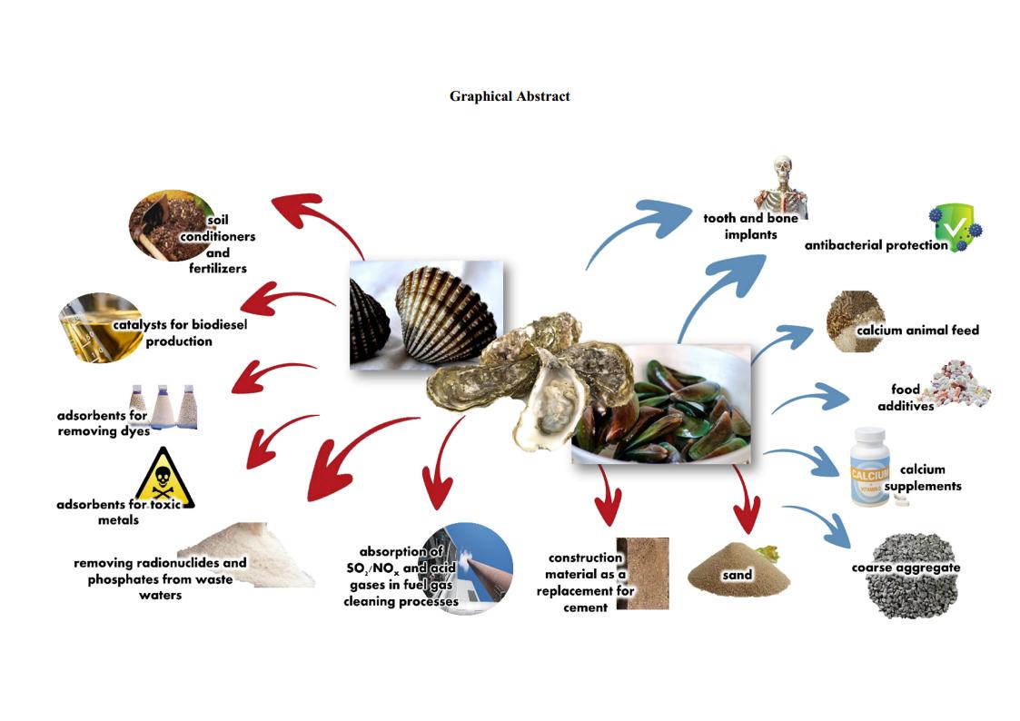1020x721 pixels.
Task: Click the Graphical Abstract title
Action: tap(510, 96)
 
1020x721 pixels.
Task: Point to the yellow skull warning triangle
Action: tap(163, 476)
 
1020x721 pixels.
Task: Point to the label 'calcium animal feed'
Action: tap(917, 331)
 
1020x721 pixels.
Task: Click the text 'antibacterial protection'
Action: tap(876, 245)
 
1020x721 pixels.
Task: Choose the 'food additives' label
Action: tap(906, 398)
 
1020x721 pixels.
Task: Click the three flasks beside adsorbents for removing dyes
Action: tap(163, 407)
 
